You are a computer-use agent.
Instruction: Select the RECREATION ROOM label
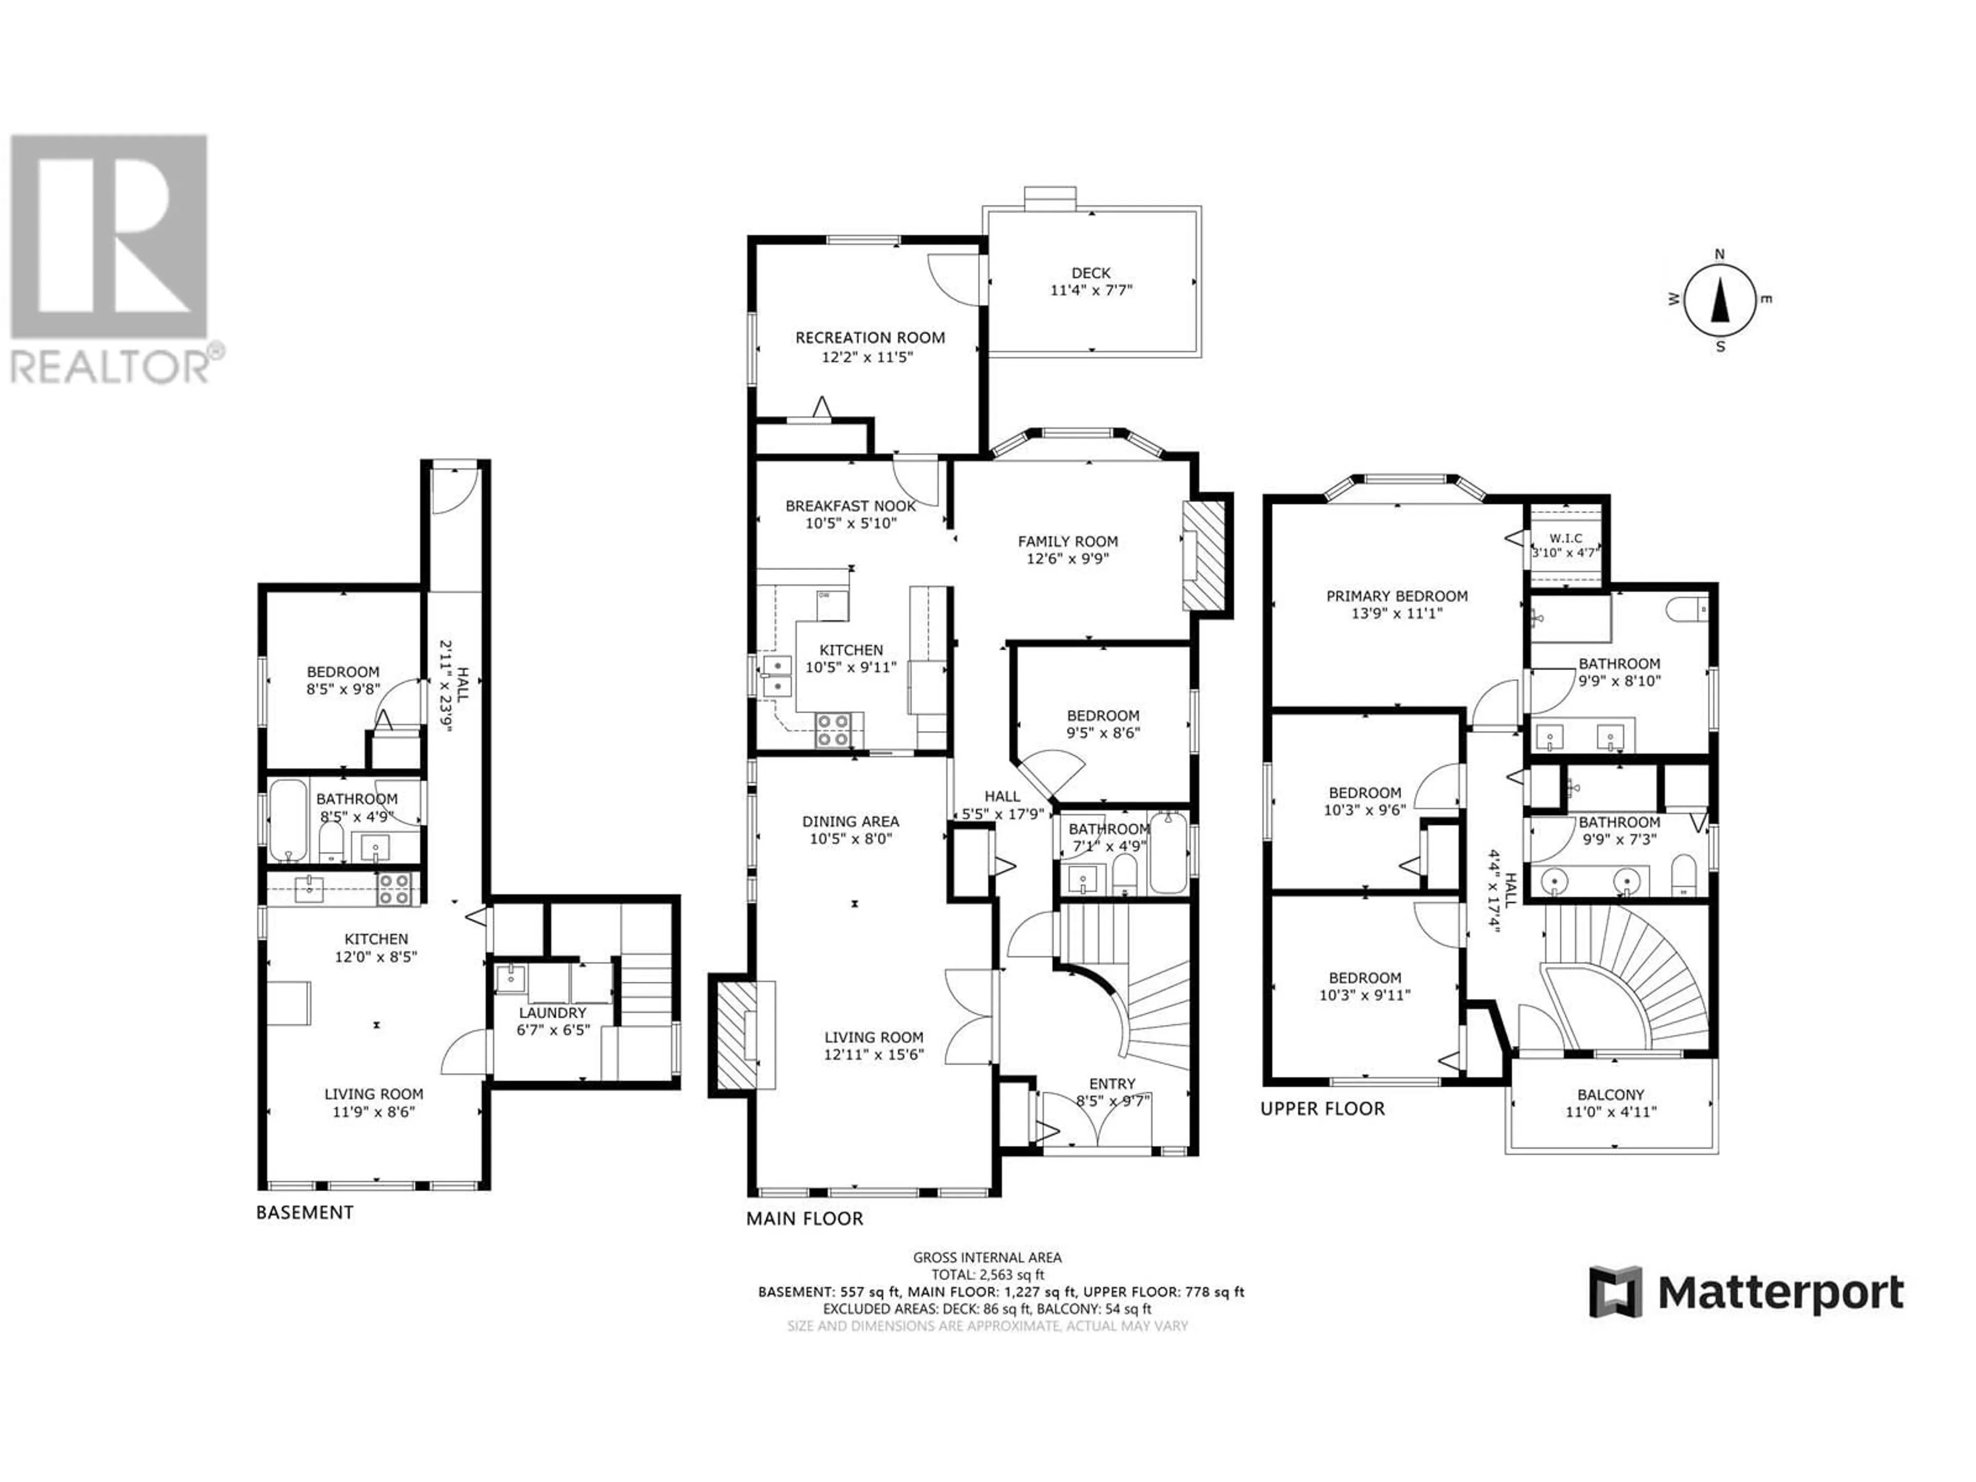pyautogui.click(x=870, y=338)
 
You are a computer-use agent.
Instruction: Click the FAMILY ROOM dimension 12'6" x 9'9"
pyautogui.click(x=1068, y=559)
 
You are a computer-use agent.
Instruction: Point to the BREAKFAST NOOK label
pyautogui.click(x=851, y=506)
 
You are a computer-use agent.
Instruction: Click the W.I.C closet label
pyautogui.click(x=1566, y=538)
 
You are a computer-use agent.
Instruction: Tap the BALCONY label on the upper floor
pyautogui.click(x=1611, y=1095)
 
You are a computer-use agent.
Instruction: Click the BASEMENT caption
pyautogui.click(x=305, y=1212)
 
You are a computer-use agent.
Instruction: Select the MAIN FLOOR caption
pyautogui.click(x=805, y=1219)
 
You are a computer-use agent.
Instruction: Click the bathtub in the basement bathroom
pyautogui.click(x=288, y=821)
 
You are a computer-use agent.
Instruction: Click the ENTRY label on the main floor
pyautogui.click(x=1112, y=1084)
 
